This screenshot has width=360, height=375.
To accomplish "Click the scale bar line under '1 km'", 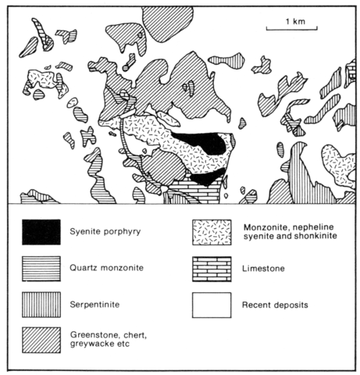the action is (x=292, y=28).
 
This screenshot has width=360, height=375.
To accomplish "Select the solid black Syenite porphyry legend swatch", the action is (x=41, y=232).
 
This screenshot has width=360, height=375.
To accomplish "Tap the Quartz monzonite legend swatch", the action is (x=41, y=269).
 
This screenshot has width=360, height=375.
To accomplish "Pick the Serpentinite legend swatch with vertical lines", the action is (x=41, y=305).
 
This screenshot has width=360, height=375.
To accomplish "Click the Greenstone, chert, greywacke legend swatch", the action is (x=41, y=340).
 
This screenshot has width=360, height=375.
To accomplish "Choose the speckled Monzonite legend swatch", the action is (x=212, y=232).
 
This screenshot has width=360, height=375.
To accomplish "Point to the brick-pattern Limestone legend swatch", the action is (x=212, y=270).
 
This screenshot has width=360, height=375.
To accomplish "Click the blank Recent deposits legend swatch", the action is (x=212, y=305).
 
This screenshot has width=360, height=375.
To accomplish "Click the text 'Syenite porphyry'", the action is (x=105, y=231).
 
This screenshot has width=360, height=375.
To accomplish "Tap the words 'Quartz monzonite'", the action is (x=106, y=268).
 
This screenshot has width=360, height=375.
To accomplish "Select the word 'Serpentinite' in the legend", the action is (x=94, y=305).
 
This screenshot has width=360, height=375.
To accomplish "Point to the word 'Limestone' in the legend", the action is (x=263, y=269).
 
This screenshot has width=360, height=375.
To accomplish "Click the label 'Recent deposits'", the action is (x=275, y=305).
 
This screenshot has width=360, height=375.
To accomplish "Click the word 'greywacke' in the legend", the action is (x=89, y=344).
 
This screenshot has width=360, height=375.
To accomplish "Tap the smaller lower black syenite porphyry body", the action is (x=208, y=177).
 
